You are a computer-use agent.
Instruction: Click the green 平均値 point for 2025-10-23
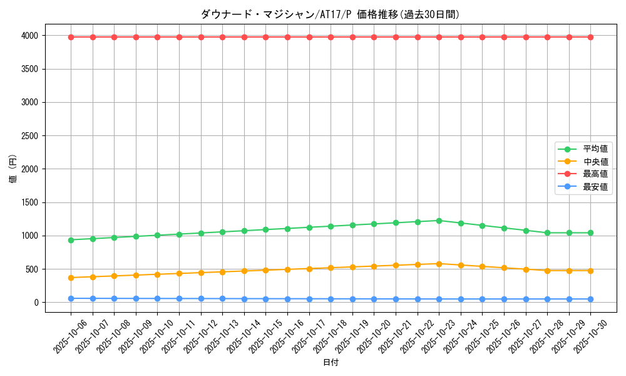(439, 221)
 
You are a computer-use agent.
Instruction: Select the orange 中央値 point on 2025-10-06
(71, 278)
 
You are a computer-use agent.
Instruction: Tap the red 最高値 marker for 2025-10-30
(590, 37)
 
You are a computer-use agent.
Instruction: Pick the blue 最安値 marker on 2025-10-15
(265, 299)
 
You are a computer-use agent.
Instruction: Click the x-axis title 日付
(331, 363)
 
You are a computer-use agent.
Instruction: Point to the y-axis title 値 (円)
(13, 169)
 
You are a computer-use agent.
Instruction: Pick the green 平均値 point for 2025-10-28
(547, 232)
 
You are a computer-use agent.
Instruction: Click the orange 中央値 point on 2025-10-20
(374, 266)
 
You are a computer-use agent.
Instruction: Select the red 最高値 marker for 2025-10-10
(157, 37)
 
